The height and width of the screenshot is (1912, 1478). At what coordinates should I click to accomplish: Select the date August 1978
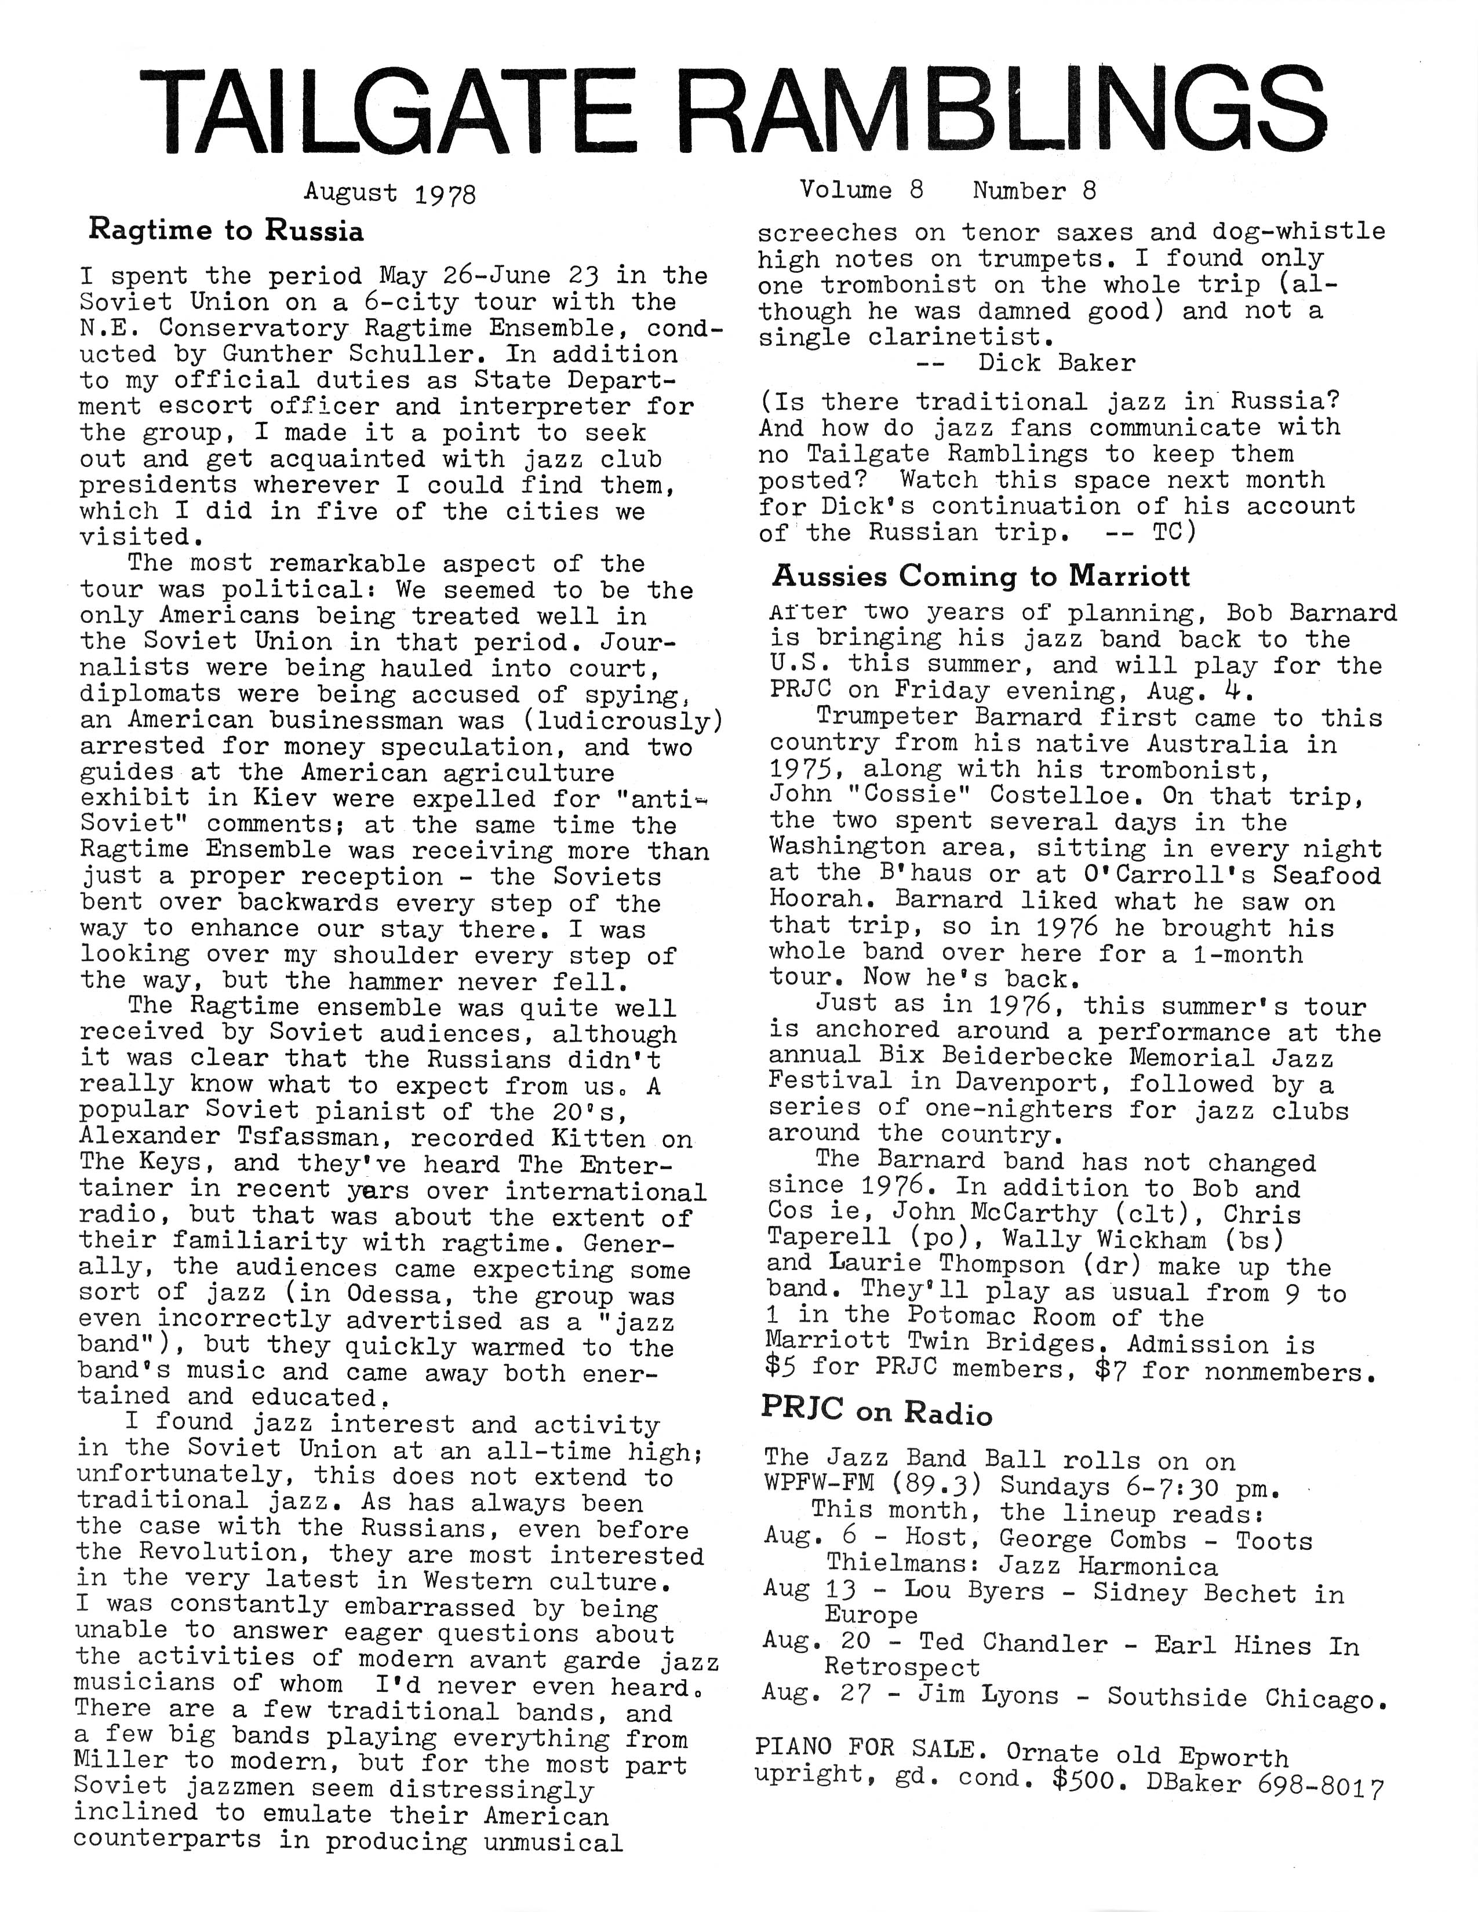click(x=389, y=192)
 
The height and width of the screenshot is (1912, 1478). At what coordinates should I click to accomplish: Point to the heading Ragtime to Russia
click(x=226, y=231)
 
